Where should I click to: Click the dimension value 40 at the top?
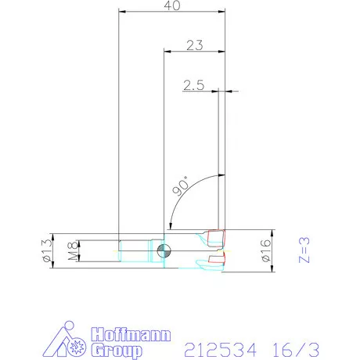[x=170, y=6]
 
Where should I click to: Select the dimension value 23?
[x=193, y=45]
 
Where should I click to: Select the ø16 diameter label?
[x=266, y=250]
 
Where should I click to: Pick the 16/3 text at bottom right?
[x=302, y=347]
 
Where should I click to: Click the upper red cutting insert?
[x=218, y=235]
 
